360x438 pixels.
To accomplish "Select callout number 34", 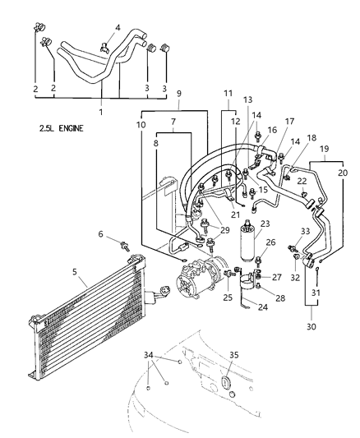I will [148, 354].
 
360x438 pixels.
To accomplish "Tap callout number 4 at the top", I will [117, 27].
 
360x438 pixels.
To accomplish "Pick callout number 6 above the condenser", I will [102, 235].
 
